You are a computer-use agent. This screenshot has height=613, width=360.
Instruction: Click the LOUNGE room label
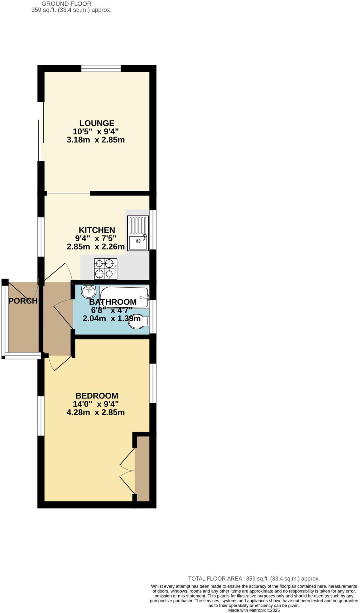(x=97, y=123)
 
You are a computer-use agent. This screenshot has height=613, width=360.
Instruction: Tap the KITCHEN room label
(x=97, y=230)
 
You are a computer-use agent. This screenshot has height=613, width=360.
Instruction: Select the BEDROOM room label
(x=97, y=396)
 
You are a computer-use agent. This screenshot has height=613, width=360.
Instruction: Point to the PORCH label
(x=23, y=301)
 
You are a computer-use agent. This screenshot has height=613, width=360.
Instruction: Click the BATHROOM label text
(x=113, y=302)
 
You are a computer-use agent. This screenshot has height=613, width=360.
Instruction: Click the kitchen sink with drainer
(x=138, y=233)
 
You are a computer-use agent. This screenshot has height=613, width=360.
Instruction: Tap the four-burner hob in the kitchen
(x=106, y=269)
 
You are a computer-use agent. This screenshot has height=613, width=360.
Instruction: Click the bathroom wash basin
(x=89, y=291)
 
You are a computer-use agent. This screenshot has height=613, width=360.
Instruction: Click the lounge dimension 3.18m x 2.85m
(x=95, y=140)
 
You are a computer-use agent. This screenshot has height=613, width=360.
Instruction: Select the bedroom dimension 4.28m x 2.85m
(x=95, y=412)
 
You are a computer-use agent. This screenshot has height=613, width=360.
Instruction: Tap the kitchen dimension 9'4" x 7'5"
(x=95, y=238)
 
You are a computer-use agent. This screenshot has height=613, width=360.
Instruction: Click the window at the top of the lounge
(x=101, y=69)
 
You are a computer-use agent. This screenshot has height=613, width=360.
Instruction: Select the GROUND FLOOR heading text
(x=66, y=4)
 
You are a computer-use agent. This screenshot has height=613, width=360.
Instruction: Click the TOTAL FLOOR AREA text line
(x=254, y=579)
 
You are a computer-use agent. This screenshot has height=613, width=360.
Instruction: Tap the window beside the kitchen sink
(x=153, y=230)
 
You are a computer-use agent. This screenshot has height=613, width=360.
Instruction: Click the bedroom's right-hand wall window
(x=153, y=383)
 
